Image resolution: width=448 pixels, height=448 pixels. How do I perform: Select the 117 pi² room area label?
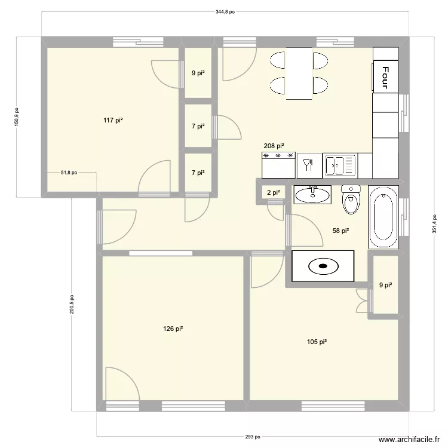pyautogui.click(x=113, y=120)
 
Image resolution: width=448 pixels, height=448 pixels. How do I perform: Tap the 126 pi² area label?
pyautogui.click(x=173, y=329)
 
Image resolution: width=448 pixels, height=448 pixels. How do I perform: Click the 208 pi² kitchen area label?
pyautogui.click(x=274, y=145)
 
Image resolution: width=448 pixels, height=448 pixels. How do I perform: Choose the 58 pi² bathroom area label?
pyautogui.click(x=340, y=231)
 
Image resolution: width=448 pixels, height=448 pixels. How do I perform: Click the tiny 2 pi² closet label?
pyautogui.click(x=273, y=192)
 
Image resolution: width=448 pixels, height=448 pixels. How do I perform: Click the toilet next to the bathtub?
pyautogui.click(x=351, y=200)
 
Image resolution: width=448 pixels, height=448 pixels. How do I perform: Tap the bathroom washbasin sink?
pyautogui.click(x=312, y=194)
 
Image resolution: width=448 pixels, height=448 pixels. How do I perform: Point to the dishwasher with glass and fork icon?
pyautogui.click(x=309, y=165)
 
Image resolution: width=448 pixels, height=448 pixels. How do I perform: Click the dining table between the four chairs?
pyautogui.click(x=299, y=73)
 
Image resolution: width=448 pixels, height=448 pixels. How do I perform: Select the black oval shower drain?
pyautogui.click(x=323, y=266)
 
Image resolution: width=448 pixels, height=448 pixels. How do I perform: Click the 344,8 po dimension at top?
pyautogui.click(x=225, y=11)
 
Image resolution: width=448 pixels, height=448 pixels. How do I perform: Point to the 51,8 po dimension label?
pyautogui.click(x=69, y=173)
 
